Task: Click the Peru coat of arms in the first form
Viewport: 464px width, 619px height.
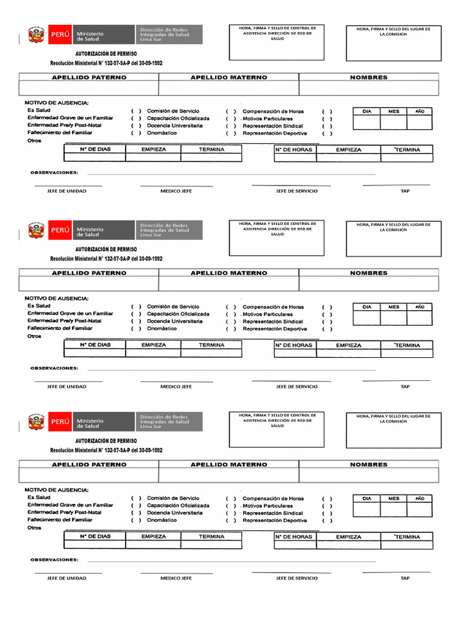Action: point(37,37)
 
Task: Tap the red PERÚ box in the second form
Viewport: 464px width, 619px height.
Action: point(60,230)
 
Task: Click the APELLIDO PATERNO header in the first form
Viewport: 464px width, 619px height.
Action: point(89,77)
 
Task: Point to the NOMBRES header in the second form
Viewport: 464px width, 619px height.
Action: point(369,273)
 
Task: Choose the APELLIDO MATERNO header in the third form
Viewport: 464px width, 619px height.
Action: point(228,465)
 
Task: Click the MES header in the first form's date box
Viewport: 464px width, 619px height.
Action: point(394,111)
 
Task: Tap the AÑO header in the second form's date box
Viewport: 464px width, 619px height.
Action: point(420,307)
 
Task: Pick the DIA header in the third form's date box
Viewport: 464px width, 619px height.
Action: point(367,498)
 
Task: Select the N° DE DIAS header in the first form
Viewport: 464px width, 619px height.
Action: point(95,149)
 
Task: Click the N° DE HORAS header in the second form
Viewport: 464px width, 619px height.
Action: point(294,345)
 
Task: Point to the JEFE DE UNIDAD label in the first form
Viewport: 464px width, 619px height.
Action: point(66,191)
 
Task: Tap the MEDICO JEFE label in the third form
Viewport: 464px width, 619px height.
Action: point(176,578)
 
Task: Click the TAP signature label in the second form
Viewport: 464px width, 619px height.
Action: point(405,386)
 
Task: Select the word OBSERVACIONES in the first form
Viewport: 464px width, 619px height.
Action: point(54,172)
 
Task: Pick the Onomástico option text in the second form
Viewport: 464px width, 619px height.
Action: point(162,329)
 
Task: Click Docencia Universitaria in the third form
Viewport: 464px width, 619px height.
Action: point(175,513)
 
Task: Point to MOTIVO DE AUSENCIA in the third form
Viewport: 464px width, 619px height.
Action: point(56,490)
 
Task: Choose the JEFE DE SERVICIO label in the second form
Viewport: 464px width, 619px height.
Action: point(297,386)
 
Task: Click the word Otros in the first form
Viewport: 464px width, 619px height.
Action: point(34,140)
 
